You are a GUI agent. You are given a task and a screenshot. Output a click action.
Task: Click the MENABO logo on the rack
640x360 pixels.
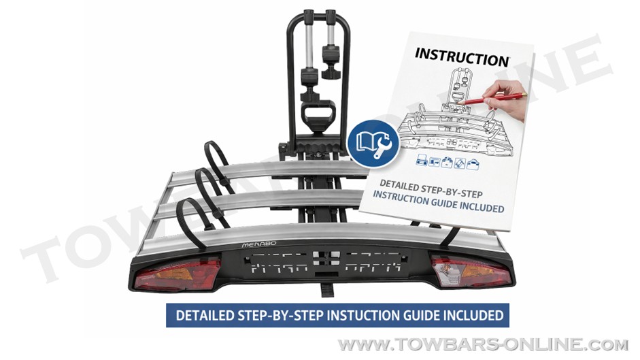pyautogui.click(x=258, y=244)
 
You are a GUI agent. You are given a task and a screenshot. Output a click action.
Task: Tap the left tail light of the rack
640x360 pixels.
pyautogui.click(x=177, y=273)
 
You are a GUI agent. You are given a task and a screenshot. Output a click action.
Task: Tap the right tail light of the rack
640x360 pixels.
pyautogui.click(x=470, y=272)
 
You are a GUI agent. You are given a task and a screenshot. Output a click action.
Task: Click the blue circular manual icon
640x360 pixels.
pyautogui.click(x=373, y=144)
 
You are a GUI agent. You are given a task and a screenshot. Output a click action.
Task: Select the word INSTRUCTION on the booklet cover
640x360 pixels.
pyautogui.click(x=462, y=56)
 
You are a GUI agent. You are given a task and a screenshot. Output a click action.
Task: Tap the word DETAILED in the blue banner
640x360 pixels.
pyautogui.click(x=205, y=316)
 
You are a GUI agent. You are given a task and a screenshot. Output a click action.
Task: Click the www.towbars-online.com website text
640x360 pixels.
pyautogui.click(x=483, y=344)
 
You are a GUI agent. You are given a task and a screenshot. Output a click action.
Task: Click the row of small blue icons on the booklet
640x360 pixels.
pyautogui.click(x=448, y=163)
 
